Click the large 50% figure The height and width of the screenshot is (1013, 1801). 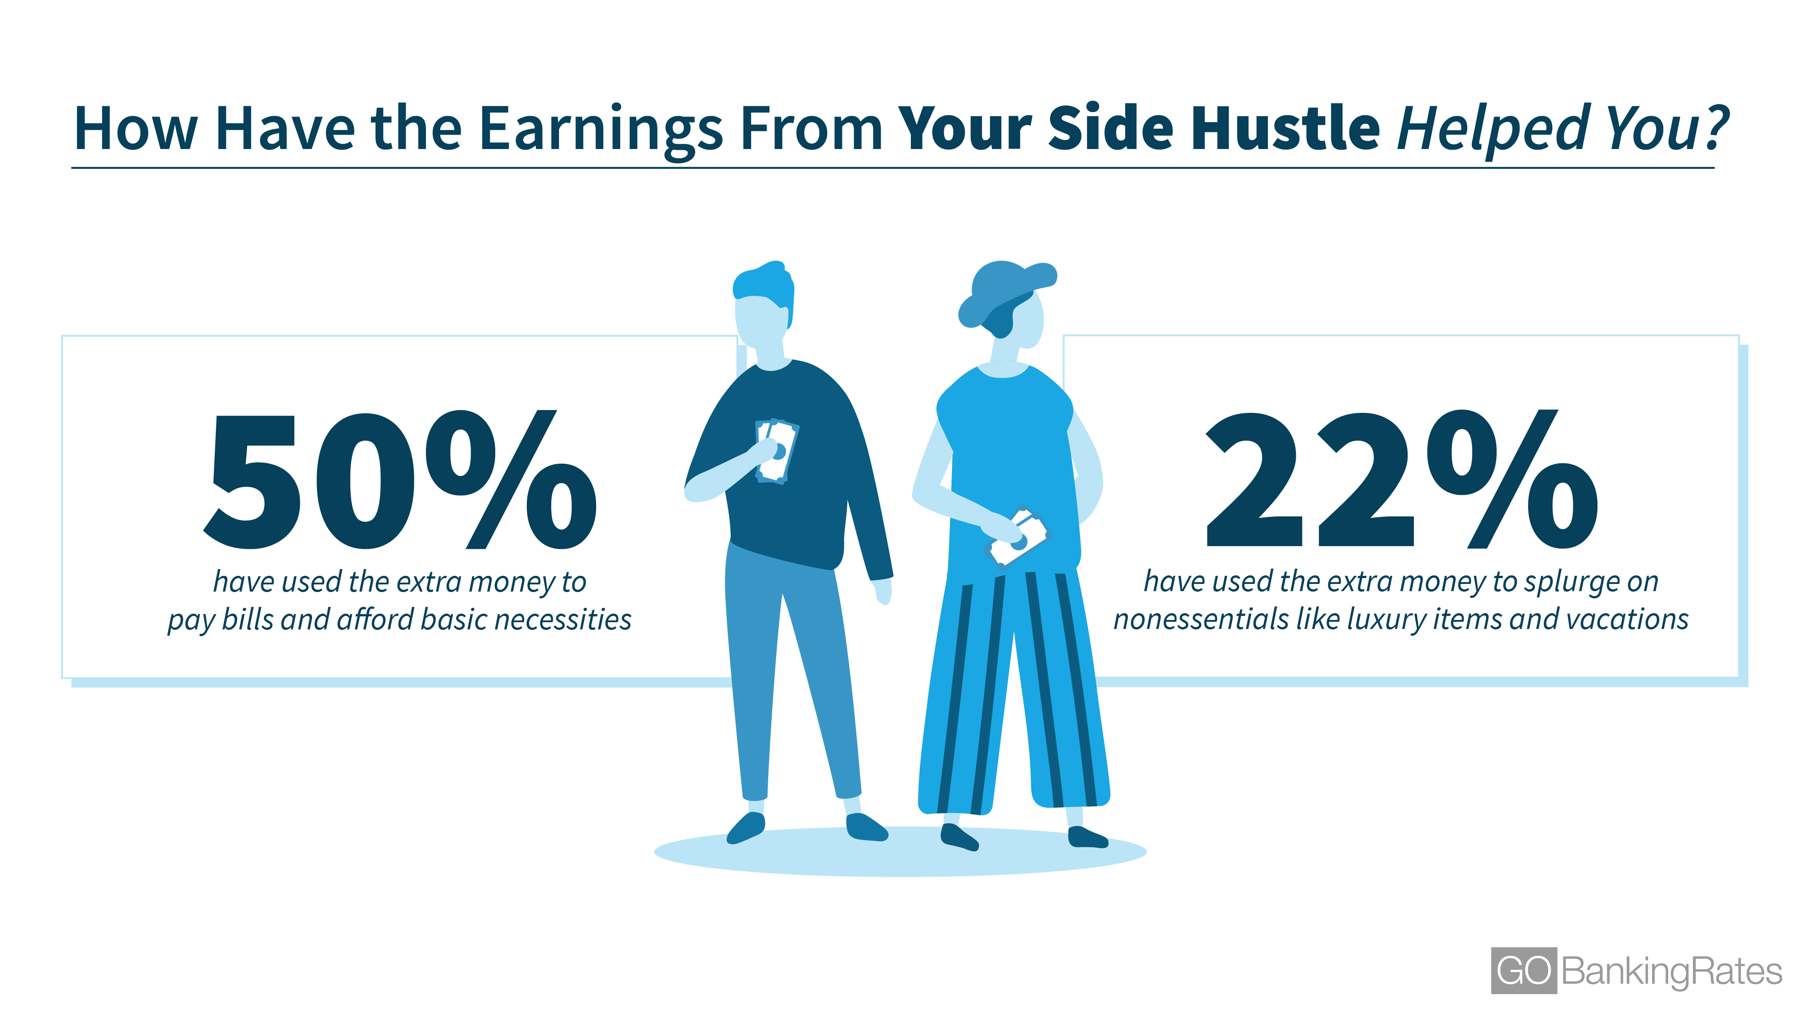coord(400,479)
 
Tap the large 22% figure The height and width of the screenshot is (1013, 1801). coord(1401,479)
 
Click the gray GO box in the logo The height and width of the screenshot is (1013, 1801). coord(1524,970)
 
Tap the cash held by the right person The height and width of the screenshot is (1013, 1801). coord(1017,537)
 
